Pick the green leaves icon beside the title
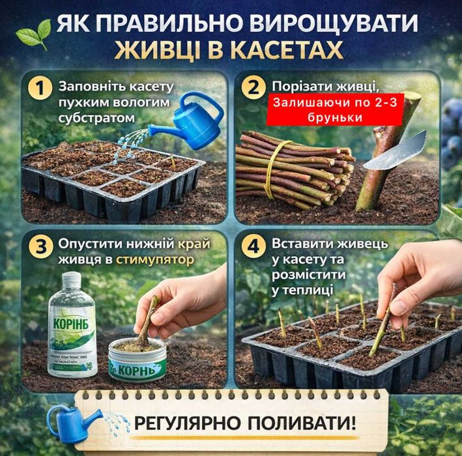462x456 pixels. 33,31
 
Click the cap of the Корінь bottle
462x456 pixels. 70,281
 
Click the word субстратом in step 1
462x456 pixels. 89,119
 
